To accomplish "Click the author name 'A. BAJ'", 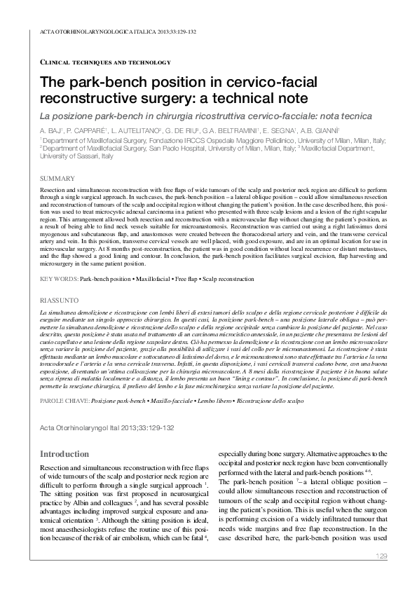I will point(51,130).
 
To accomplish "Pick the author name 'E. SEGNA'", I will point(280,130).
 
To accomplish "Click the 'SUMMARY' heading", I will point(57,179).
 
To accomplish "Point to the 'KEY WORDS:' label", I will point(59,279).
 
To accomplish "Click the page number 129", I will point(381,556).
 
